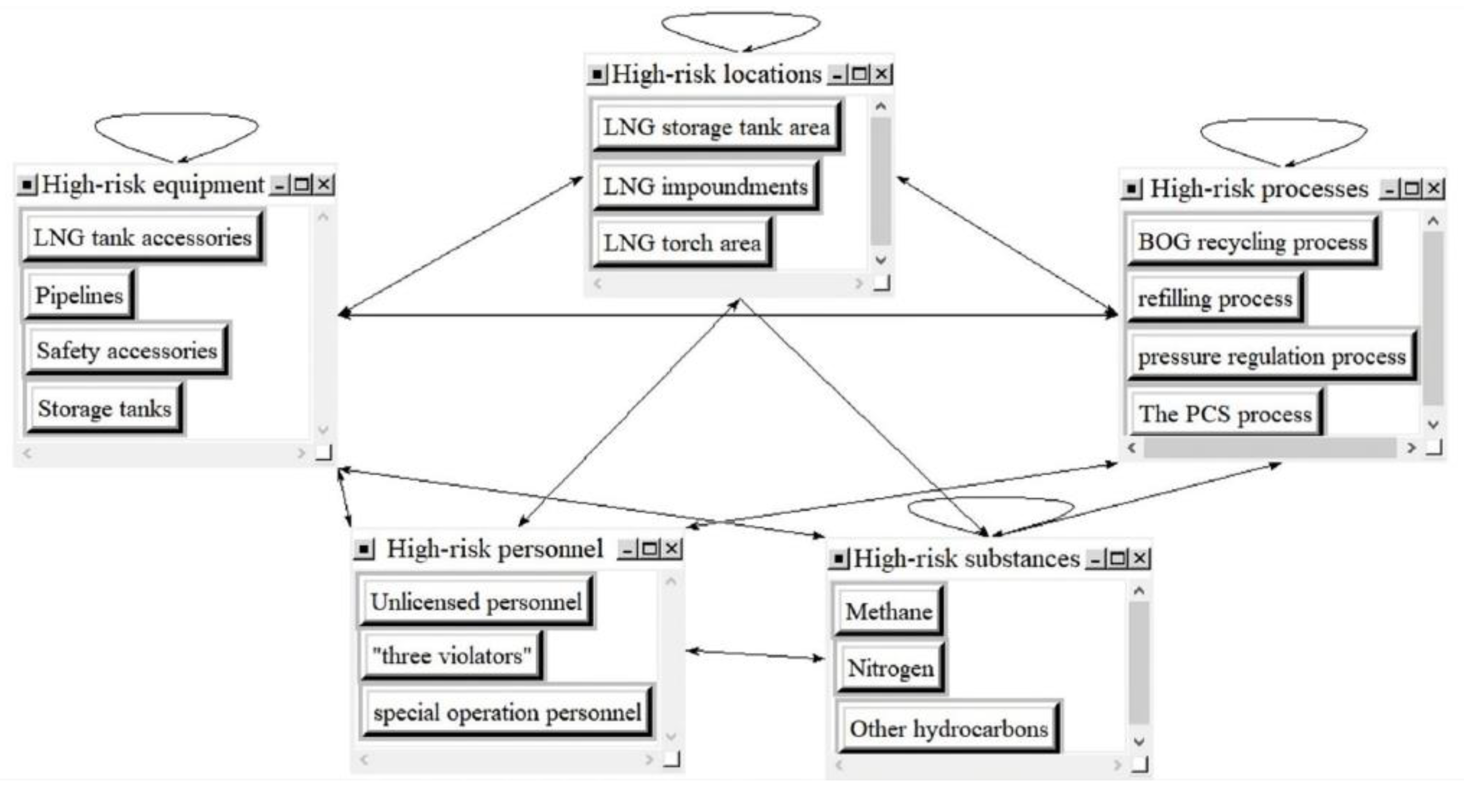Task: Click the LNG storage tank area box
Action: tap(716, 127)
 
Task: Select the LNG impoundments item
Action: tap(705, 186)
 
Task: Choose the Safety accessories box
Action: tap(126, 350)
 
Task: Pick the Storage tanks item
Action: tap(105, 408)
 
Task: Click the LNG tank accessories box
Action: tap(142, 237)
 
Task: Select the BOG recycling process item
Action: tap(1252, 242)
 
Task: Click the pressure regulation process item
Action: tap(1271, 356)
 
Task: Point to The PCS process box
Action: tap(1225, 414)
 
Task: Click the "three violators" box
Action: tap(451, 656)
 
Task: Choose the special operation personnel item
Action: tap(507, 712)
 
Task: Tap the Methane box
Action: tap(888, 612)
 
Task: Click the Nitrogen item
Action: tap(890, 668)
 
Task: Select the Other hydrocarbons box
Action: tap(948, 729)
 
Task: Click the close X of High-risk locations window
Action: tap(882, 74)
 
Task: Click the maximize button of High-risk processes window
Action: tap(1412, 189)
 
